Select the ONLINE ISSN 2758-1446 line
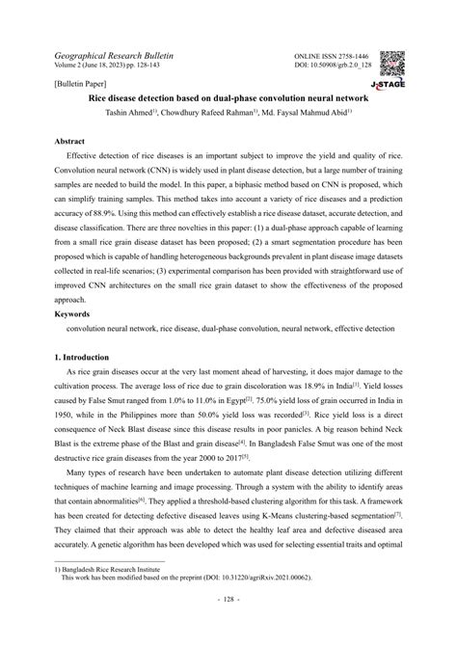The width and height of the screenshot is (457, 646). pos(332,58)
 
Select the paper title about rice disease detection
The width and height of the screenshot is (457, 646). pos(228,97)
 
